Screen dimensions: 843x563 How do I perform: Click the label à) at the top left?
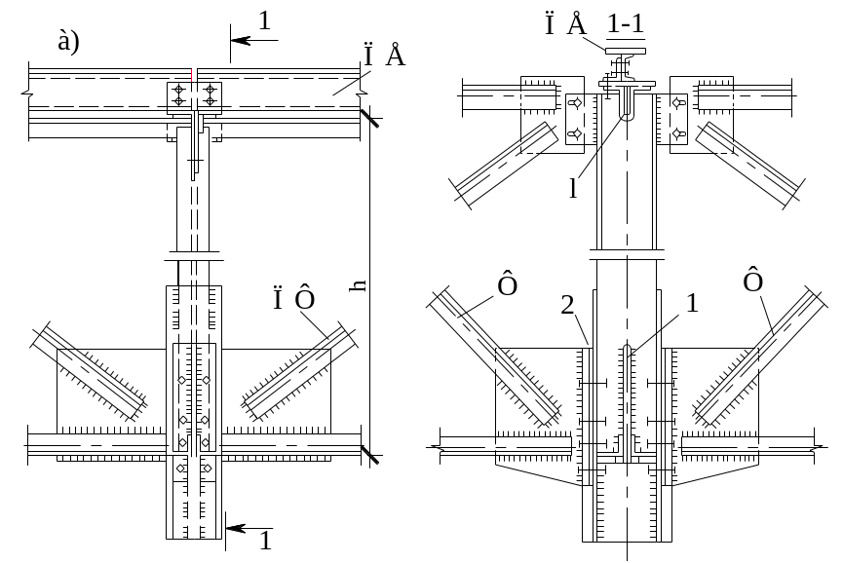[x=69, y=41]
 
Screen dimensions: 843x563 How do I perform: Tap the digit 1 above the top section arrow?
[x=264, y=21]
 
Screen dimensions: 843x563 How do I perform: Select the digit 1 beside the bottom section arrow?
[x=266, y=541]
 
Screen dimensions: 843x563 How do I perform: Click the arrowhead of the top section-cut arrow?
[x=241, y=40]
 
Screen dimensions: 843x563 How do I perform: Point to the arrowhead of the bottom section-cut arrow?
[x=236, y=529]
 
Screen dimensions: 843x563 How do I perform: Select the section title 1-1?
[x=626, y=24]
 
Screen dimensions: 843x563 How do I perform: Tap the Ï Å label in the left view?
[x=383, y=55]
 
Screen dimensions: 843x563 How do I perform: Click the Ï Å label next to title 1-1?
[x=565, y=24]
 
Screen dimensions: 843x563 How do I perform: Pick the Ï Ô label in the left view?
[x=293, y=299]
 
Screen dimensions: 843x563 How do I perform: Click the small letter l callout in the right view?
[x=573, y=188]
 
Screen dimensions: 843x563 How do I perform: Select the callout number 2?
[x=568, y=306]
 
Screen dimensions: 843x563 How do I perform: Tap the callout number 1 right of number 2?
[x=693, y=304]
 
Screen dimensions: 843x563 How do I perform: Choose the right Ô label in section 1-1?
[x=752, y=280]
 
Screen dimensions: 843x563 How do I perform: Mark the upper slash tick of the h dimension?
[x=370, y=118]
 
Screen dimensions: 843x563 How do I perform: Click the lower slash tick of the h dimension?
[x=370, y=455]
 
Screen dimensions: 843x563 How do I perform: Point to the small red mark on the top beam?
[x=192, y=74]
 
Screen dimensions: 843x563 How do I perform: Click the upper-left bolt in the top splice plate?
[x=179, y=90]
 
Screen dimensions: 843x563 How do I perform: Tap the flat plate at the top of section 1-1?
[x=626, y=51]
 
